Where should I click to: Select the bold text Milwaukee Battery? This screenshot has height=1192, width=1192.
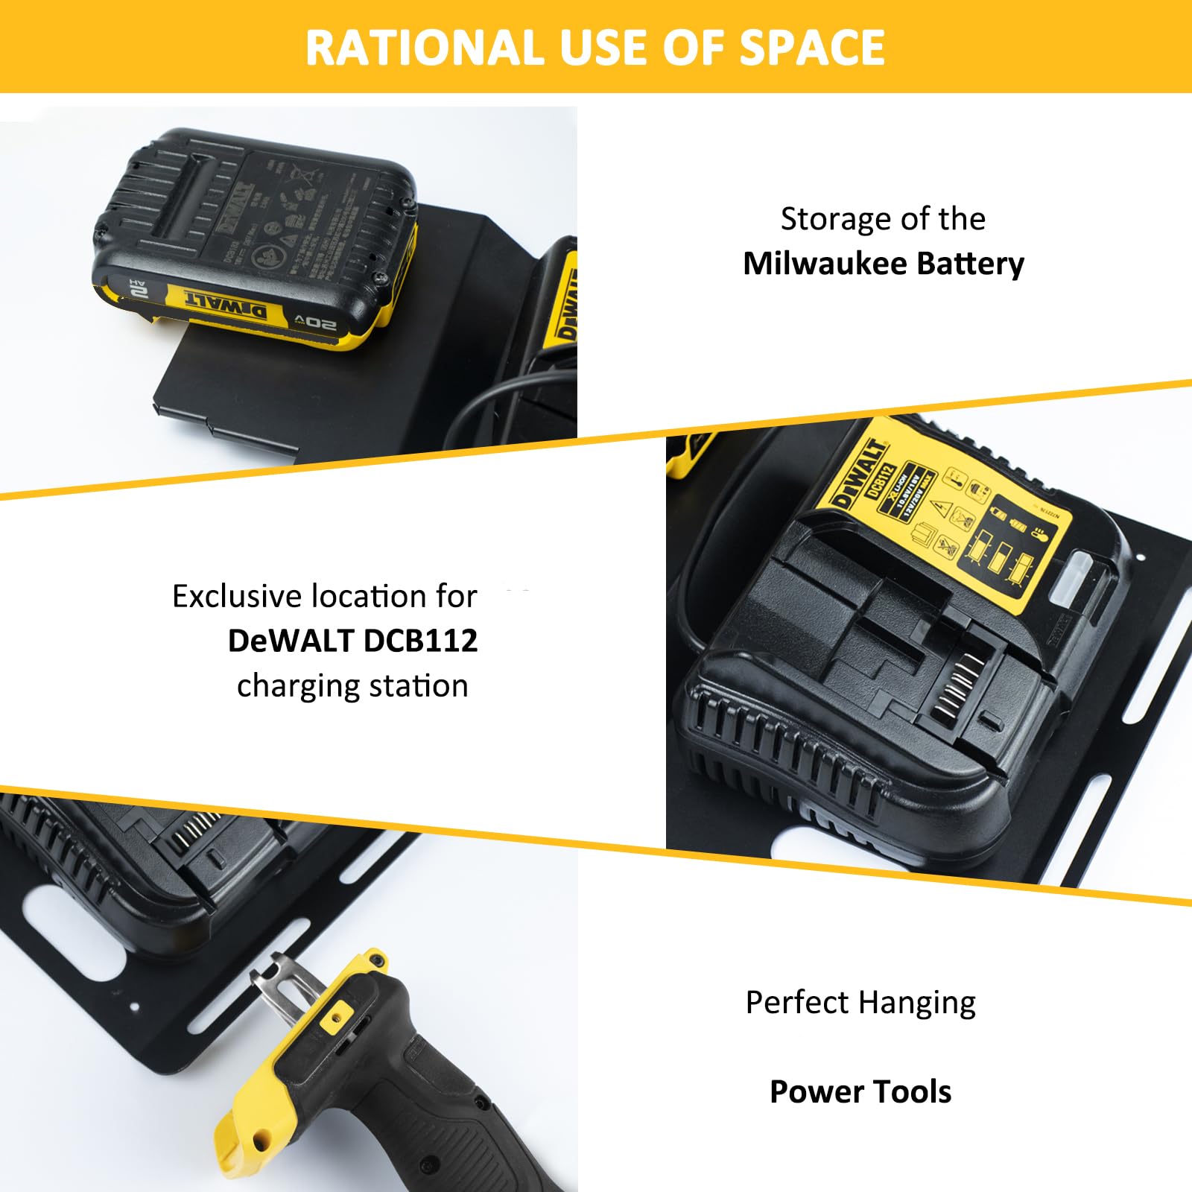[x=883, y=264]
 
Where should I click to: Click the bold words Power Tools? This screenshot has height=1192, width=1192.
[x=860, y=1091]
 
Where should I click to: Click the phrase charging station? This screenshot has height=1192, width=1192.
[x=352, y=686]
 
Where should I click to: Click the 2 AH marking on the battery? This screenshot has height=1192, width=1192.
[x=139, y=287]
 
